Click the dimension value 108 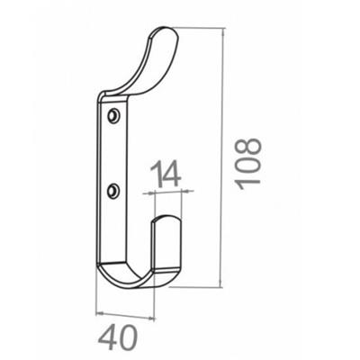click(x=248, y=162)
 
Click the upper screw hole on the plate click(x=113, y=116)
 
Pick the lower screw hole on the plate click(x=113, y=190)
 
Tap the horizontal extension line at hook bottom click(x=193, y=288)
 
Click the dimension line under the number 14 click(x=166, y=191)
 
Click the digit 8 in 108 click(x=248, y=147)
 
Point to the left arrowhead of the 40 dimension click(x=97, y=311)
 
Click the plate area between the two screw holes click(x=113, y=153)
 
